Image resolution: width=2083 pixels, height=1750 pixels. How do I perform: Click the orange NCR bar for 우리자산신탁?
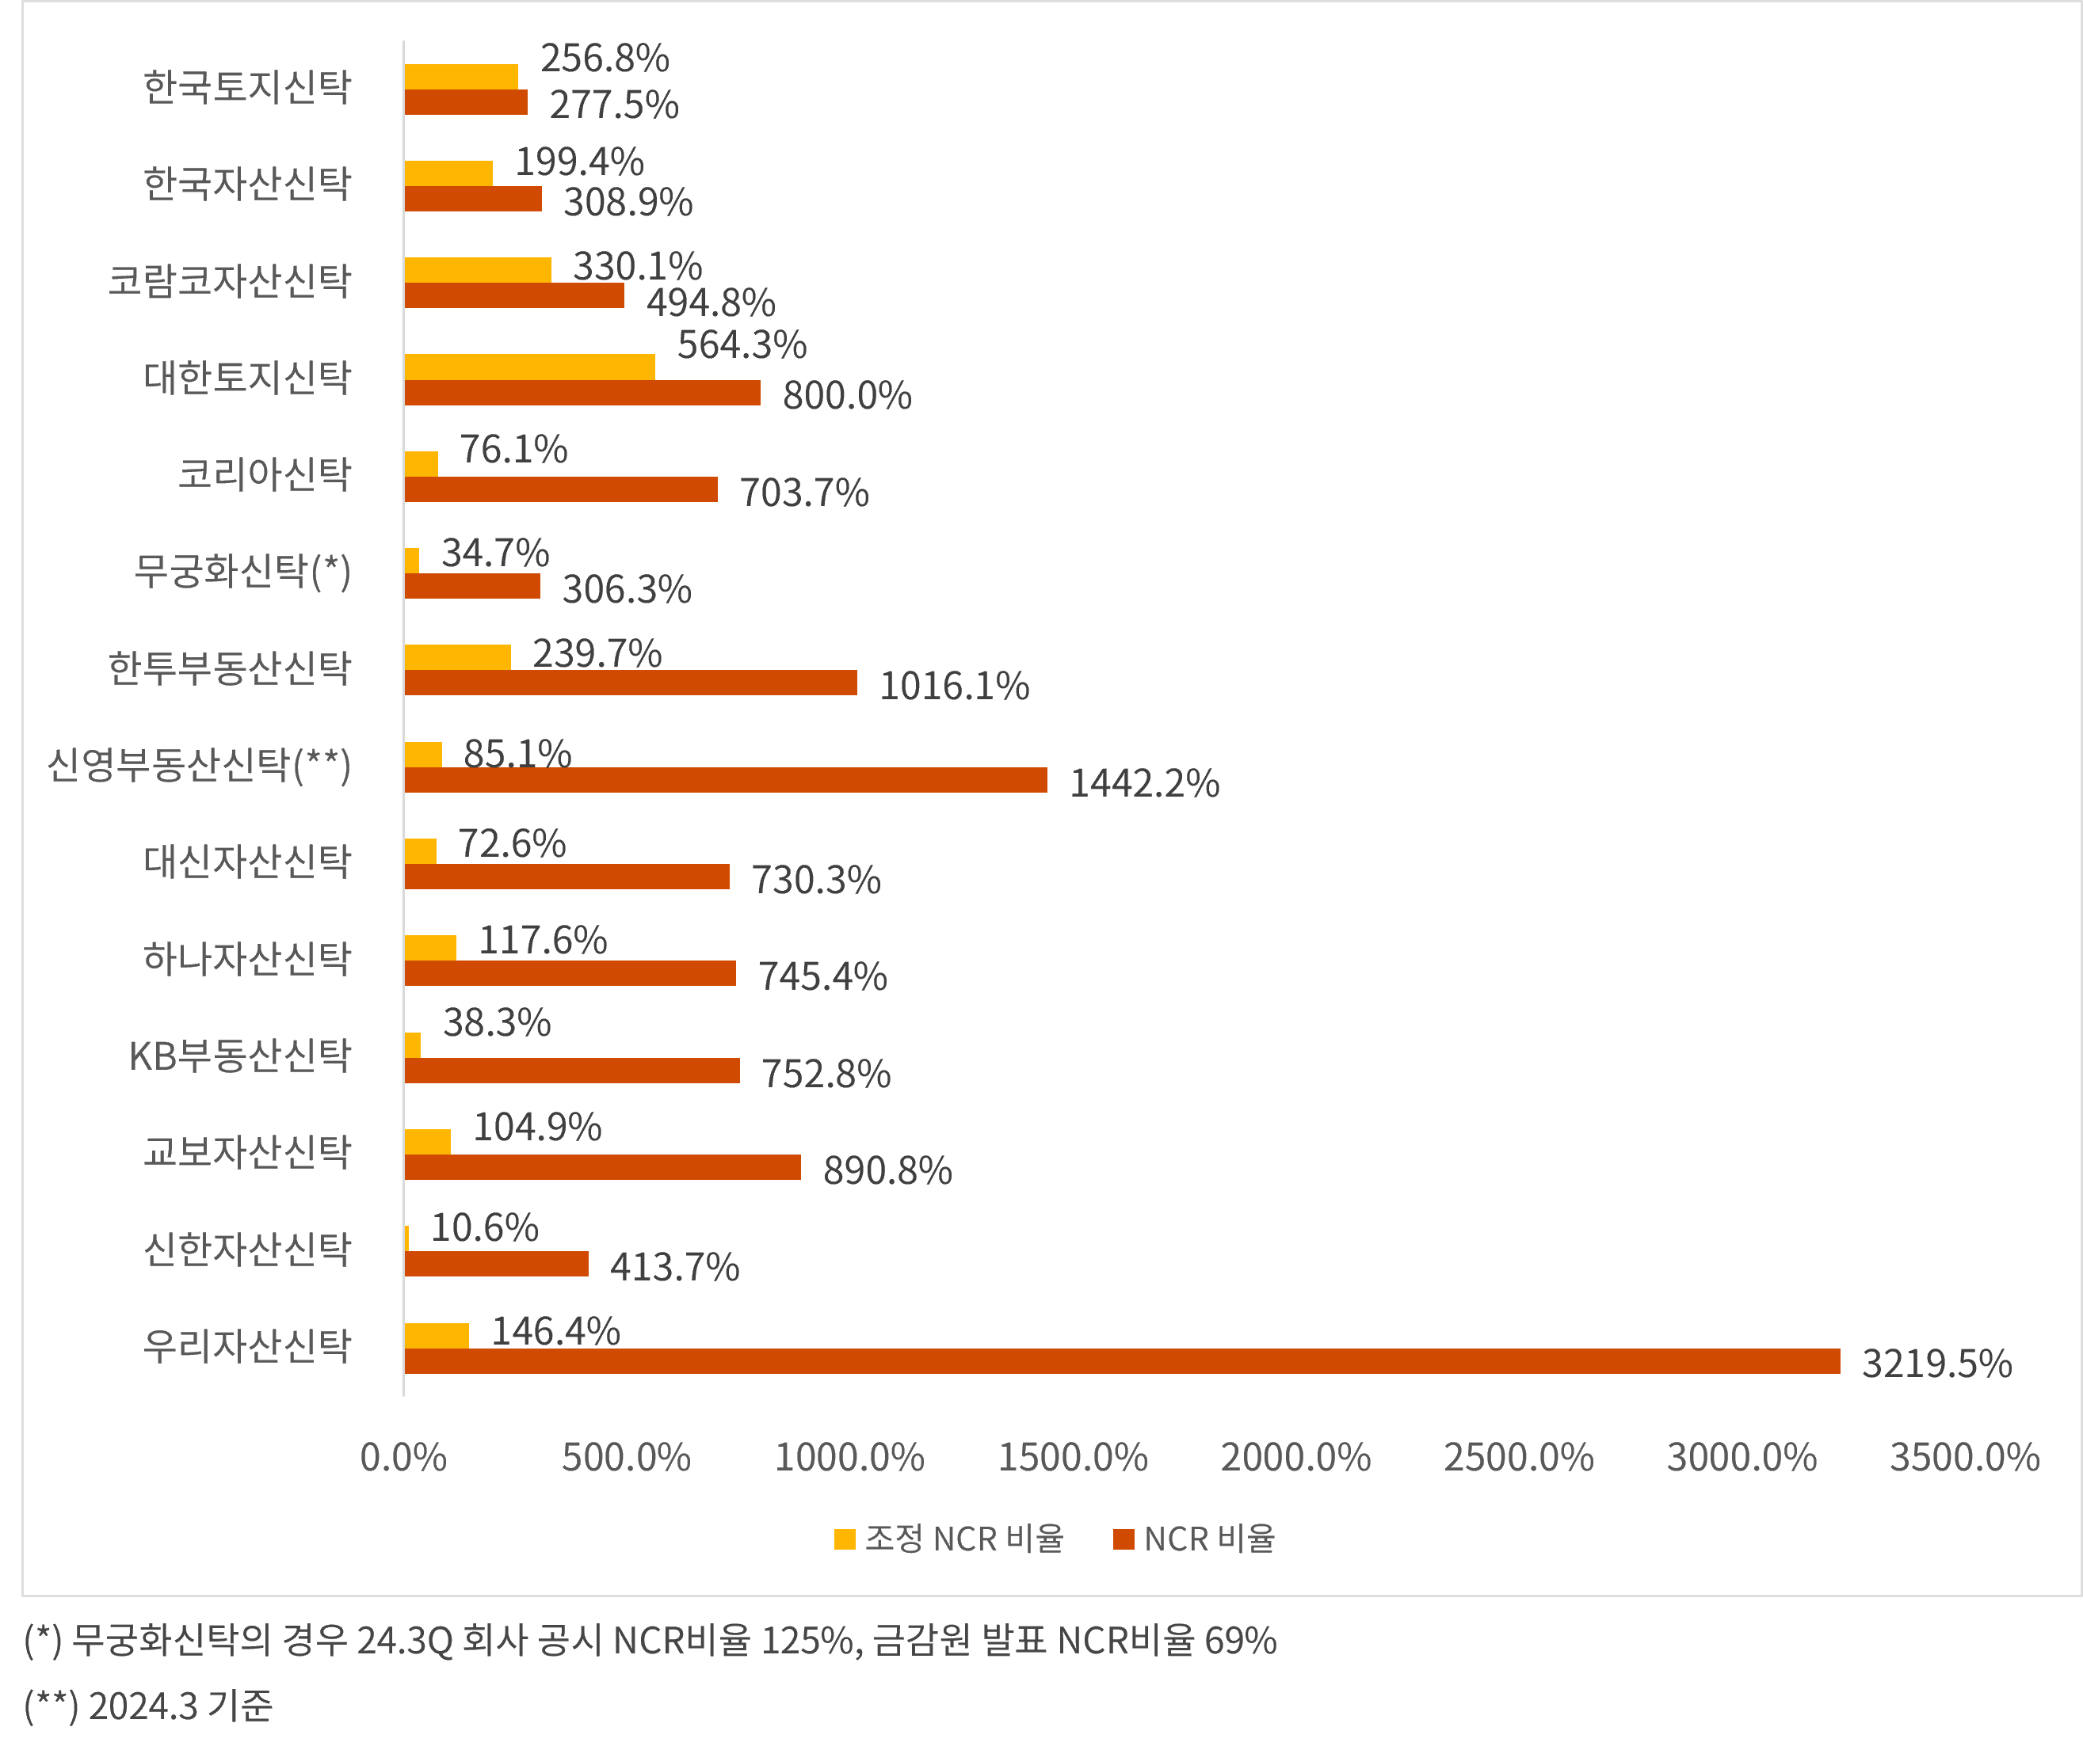1121,1361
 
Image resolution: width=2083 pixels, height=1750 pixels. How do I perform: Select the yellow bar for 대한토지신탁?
529,367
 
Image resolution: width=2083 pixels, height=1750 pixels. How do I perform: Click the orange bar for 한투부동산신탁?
630,683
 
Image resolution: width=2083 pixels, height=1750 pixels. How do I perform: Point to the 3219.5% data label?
1936,1363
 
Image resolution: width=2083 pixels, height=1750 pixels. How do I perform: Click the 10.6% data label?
484,1228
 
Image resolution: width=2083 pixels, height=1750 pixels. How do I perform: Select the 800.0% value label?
846,396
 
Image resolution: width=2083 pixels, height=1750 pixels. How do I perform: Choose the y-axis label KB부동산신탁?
240,1056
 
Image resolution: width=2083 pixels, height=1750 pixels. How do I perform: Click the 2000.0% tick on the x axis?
1295,1457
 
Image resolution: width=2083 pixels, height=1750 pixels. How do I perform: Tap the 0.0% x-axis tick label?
403,1457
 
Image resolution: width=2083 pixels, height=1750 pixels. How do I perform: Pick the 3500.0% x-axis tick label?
1964,1457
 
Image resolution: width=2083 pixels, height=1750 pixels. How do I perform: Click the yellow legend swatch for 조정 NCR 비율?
845,1539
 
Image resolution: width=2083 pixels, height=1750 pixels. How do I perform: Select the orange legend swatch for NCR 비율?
1124,1539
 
